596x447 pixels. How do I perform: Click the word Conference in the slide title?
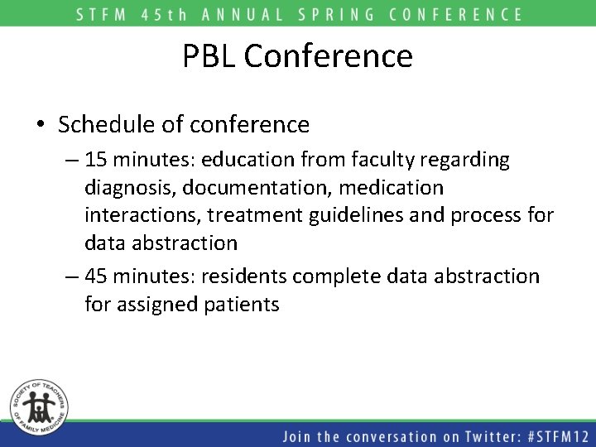329,56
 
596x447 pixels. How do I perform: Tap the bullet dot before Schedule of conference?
41,125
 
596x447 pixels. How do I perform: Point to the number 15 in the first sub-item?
95,159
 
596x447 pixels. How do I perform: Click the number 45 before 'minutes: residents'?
97,276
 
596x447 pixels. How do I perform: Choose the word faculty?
406,159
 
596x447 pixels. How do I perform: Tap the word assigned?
155,305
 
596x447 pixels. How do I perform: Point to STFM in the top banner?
99,14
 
